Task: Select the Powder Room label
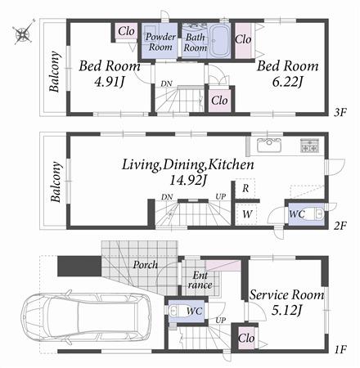161,42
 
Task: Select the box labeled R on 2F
246,188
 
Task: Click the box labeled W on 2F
246,213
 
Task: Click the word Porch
145,266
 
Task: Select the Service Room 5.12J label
286,302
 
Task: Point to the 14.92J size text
188,180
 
